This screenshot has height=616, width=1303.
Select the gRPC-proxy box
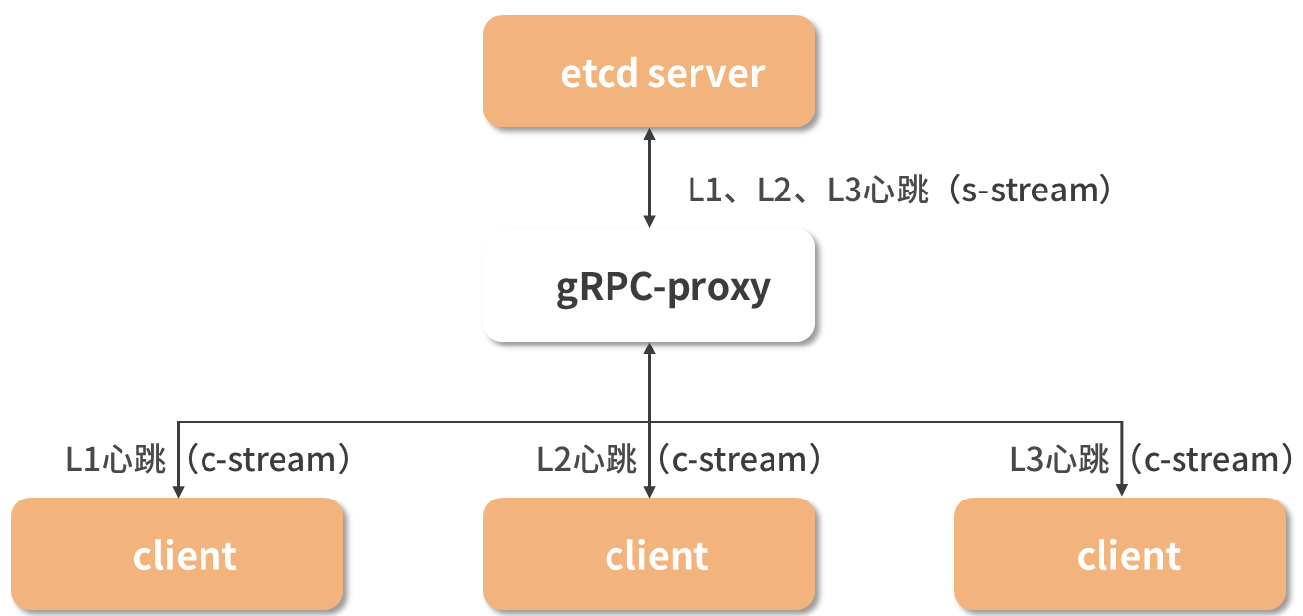[x=649, y=287]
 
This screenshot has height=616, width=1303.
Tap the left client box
[x=178, y=554]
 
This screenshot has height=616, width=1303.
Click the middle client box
[x=649, y=554]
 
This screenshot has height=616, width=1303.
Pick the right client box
[x=1121, y=554]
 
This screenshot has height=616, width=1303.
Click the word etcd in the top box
[x=599, y=74]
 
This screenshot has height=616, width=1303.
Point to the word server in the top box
[x=706, y=74]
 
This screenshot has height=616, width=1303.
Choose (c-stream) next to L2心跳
[x=740, y=460]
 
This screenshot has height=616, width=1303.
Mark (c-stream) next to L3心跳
[x=1211, y=460]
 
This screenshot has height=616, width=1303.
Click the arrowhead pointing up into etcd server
[x=649, y=135]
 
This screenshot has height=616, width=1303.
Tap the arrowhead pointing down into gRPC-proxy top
[x=649, y=222]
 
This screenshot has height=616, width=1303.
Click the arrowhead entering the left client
[x=178, y=491]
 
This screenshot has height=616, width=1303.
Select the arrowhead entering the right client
[x=1121, y=491]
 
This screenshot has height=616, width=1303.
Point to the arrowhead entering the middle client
[x=649, y=491]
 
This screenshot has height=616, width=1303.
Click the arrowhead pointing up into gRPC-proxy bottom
[x=649, y=350]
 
